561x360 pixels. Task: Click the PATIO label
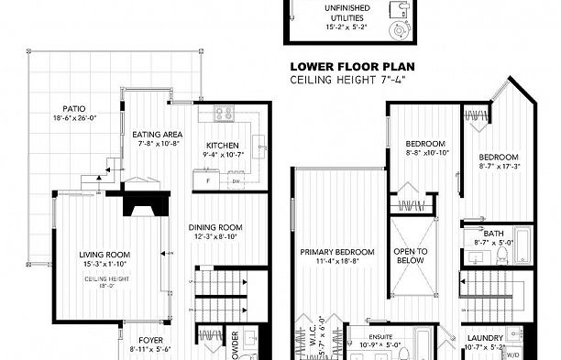click(62, 108)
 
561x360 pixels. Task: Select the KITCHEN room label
click(223, 146)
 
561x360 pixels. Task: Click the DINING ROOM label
click(214, 227)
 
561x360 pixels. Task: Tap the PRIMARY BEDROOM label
click(337, 252)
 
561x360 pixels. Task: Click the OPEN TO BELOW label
click(410, 256)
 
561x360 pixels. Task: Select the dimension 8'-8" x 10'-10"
click(425, 153)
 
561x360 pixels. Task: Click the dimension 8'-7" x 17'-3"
click(500, 166)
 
